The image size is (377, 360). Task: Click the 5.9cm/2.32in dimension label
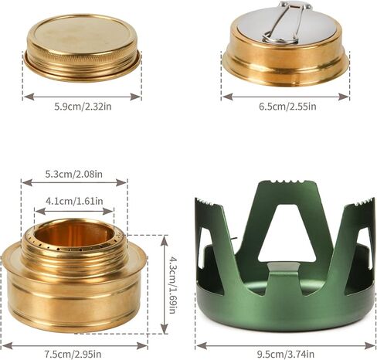83,107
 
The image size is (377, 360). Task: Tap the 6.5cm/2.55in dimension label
287,107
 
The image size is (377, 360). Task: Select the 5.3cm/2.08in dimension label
74,174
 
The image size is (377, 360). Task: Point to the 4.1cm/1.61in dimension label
74,201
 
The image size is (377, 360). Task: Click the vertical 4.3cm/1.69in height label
173,284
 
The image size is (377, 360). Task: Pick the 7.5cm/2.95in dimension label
73,354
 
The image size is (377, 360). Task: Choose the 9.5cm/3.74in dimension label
286,354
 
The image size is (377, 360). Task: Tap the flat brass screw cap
83,49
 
